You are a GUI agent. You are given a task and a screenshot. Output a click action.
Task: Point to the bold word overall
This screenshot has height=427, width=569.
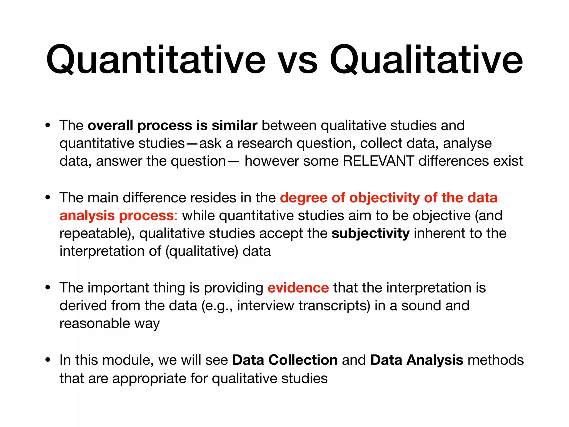click(110, 125)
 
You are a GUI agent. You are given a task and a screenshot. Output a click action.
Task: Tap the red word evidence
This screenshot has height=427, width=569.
click(298, 288)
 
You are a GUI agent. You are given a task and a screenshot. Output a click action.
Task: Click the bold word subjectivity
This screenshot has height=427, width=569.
click(370, 234)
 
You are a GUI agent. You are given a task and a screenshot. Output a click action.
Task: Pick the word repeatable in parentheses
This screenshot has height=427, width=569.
click(93, 234)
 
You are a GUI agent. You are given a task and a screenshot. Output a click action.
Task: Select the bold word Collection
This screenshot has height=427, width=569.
click(303, 360)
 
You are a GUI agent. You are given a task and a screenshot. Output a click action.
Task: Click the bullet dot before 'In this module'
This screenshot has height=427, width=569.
click(48, 360)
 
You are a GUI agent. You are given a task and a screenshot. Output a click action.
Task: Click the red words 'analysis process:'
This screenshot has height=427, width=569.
click(118, 216)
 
